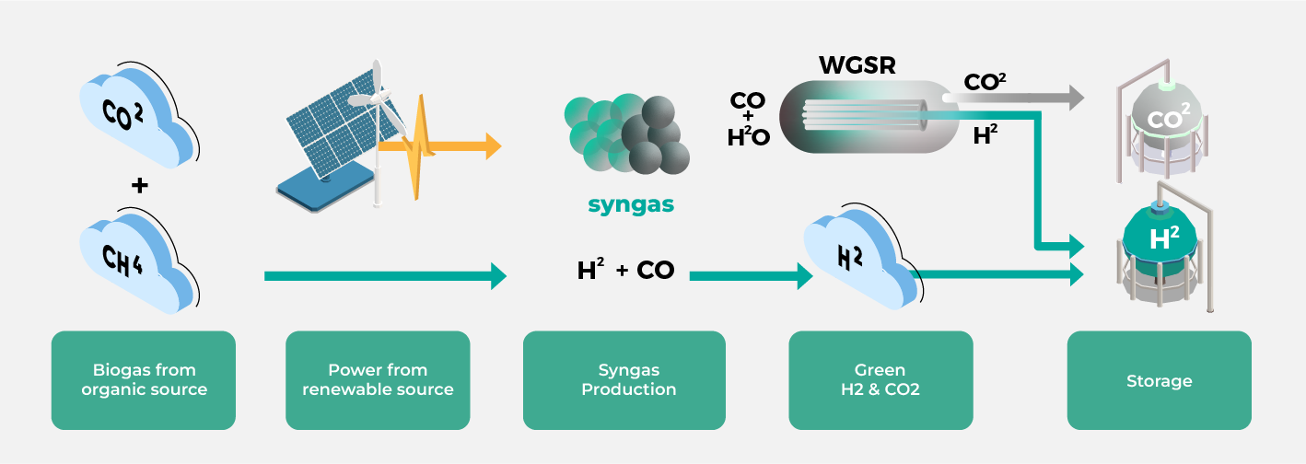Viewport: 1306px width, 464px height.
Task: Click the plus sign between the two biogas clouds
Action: pyautogui.click(x=139, y=186)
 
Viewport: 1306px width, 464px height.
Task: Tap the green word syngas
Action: pyautogui.click(x=631, y=203)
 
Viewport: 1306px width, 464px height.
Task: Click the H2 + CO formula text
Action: pyautogui.click(x=625, y=271)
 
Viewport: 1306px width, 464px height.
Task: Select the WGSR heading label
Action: pyautogui.click(x=857, y=65)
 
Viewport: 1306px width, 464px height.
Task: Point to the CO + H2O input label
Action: pyautogui.click(x=748, y=118)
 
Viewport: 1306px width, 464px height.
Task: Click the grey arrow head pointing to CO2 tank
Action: pyautogui.click(x=1076, y=97)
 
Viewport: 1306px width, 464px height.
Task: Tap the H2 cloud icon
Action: pyautogui.click(x=857, y=259)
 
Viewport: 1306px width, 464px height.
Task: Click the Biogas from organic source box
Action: pyautogui.click(x=144, y=380)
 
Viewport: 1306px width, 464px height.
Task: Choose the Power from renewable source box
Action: pyautogui.click(x=378, y=380)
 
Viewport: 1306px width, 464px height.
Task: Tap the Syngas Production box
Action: pyautogui.click(x=624, y=380)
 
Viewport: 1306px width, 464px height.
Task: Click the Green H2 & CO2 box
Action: pyautogui.click(x=880, y=380)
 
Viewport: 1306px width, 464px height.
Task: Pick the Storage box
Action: pyautogui.click(x=1159, y=380)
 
